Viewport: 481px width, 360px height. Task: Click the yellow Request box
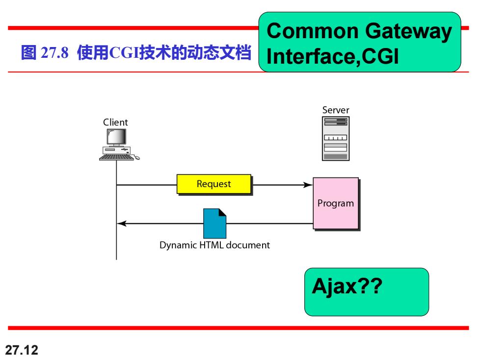coord(214,184)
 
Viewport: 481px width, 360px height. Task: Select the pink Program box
coord(336,203)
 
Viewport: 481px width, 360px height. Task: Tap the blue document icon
coord(215,223)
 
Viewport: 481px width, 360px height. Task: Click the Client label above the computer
coord(115,122)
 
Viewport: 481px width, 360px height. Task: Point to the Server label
coord(336,110)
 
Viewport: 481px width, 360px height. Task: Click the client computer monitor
coord(116,137)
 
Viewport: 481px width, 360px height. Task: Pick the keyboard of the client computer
coord(116,157)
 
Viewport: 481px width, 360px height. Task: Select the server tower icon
coord(336,138)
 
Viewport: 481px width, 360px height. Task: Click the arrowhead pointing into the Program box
coord(308,185)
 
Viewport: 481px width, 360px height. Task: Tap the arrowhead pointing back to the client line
coord(122,223)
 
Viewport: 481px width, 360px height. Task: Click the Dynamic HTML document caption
coord(214,245)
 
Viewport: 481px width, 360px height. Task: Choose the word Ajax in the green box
coord(334,287)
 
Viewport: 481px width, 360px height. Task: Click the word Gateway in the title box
coord(408,31)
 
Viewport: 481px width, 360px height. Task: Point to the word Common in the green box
coord(313,31)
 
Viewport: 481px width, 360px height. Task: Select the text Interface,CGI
coord(333,57)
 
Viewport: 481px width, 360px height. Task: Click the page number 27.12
coord(22,350)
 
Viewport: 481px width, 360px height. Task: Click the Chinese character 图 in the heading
coord(29,52)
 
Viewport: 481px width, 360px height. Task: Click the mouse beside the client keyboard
coord(137,157)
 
